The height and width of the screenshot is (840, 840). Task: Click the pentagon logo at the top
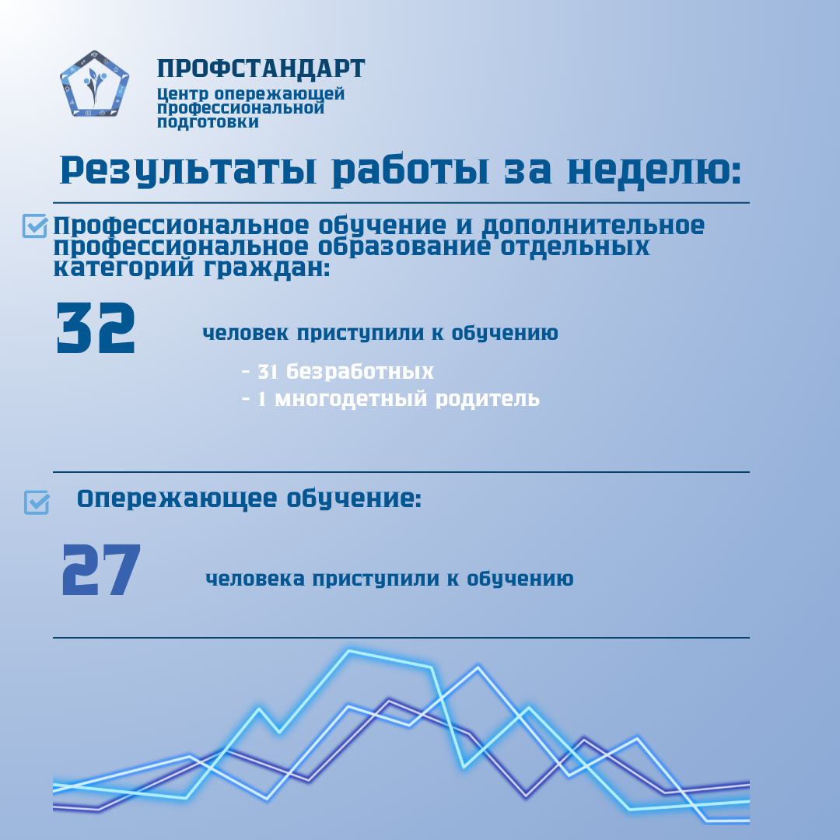coord(94,83)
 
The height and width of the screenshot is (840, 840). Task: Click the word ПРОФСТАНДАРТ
coord(261,68)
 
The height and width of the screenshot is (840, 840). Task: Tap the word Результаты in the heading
coord(188,170)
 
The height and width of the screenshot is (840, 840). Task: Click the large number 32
coord(96,328)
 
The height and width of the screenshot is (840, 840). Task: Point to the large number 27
coord(101,569)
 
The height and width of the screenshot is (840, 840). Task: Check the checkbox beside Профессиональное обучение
coord(35,226)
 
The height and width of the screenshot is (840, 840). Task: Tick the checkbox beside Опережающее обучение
coord(37,502)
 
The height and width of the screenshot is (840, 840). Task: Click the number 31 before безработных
coord(268,371)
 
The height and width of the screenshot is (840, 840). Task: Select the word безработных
coord(360,371)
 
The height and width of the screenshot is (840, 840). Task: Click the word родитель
coord(488,398)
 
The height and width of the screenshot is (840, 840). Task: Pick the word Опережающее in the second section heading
coord(177,499)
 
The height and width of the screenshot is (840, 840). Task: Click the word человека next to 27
coord(255,579)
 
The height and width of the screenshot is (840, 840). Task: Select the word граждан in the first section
coord(267,268)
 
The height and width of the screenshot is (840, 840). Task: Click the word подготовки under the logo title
coord(208,122)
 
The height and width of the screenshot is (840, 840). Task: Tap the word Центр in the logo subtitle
coord(183,94)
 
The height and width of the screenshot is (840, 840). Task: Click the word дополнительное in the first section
coord(593,226)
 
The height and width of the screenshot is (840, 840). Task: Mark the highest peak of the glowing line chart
coord(349,651)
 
